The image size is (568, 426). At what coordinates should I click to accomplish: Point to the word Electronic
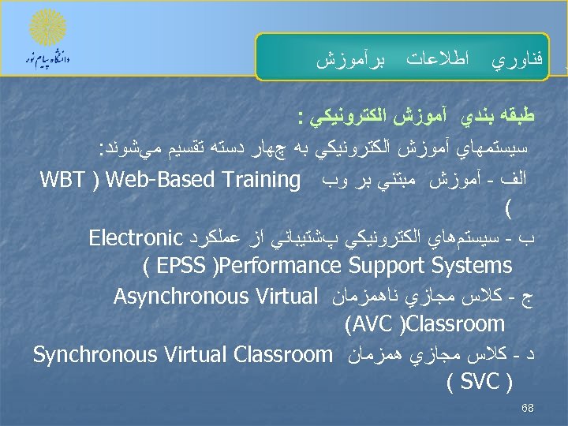point(136,237)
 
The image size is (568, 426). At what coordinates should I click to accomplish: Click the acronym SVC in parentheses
point(480,382)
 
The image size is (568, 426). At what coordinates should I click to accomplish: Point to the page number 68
point(528,409)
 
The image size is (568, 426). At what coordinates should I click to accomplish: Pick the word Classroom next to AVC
point(458,324)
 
